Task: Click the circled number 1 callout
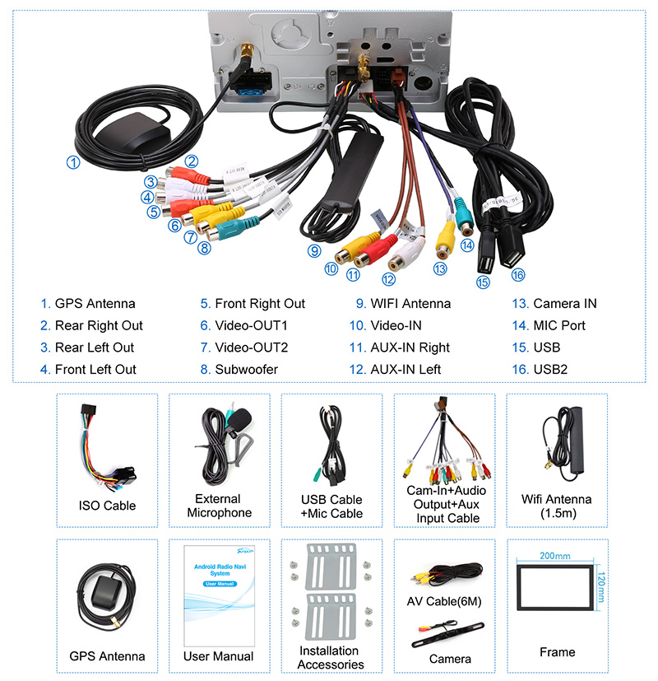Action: (x=73, y=162)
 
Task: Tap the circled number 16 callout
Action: (x=517, y=275)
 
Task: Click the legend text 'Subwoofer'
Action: (x=246, y=370)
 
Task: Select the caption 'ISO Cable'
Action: (x=107, y=506)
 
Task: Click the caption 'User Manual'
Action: (x=218, y=656)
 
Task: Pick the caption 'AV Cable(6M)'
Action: (x=444, y=602)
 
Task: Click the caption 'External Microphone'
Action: (x=219, y=506)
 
